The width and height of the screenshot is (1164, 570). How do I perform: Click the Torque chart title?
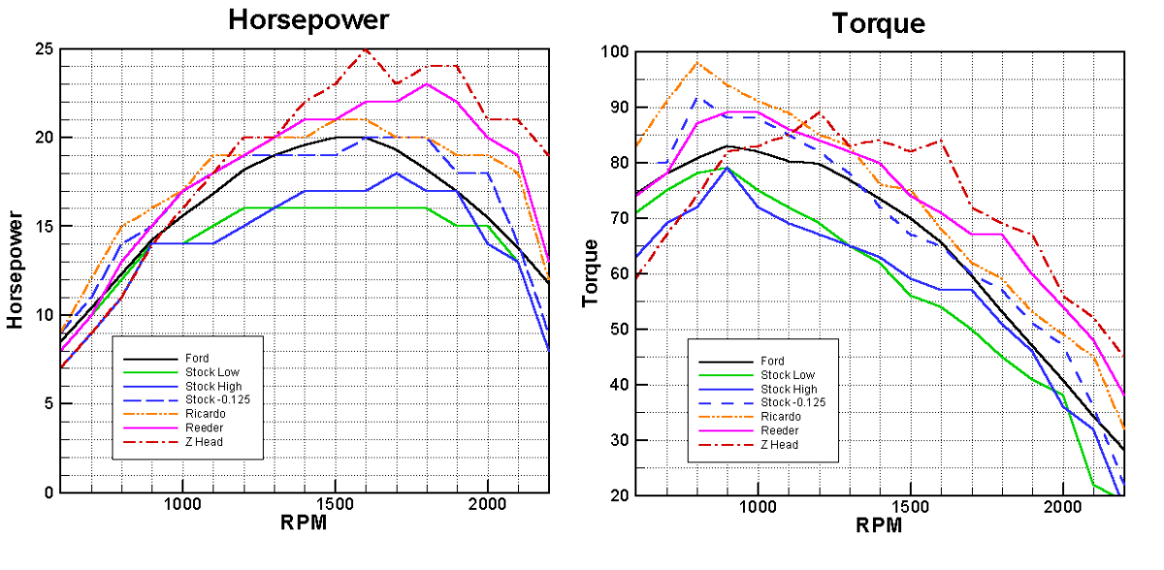(880, 22)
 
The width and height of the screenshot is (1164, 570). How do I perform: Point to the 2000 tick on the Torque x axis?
(1063, 506)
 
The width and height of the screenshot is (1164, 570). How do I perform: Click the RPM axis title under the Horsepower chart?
(304, 523)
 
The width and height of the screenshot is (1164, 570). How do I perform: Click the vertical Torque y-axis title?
(590, 272)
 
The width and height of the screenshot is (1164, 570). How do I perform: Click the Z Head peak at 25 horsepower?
(365, 48)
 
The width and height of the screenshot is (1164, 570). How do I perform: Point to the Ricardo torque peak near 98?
(696, 63)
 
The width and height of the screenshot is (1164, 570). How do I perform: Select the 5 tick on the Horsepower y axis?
(47, 403)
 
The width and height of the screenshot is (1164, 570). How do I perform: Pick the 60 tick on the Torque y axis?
(619, 273)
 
